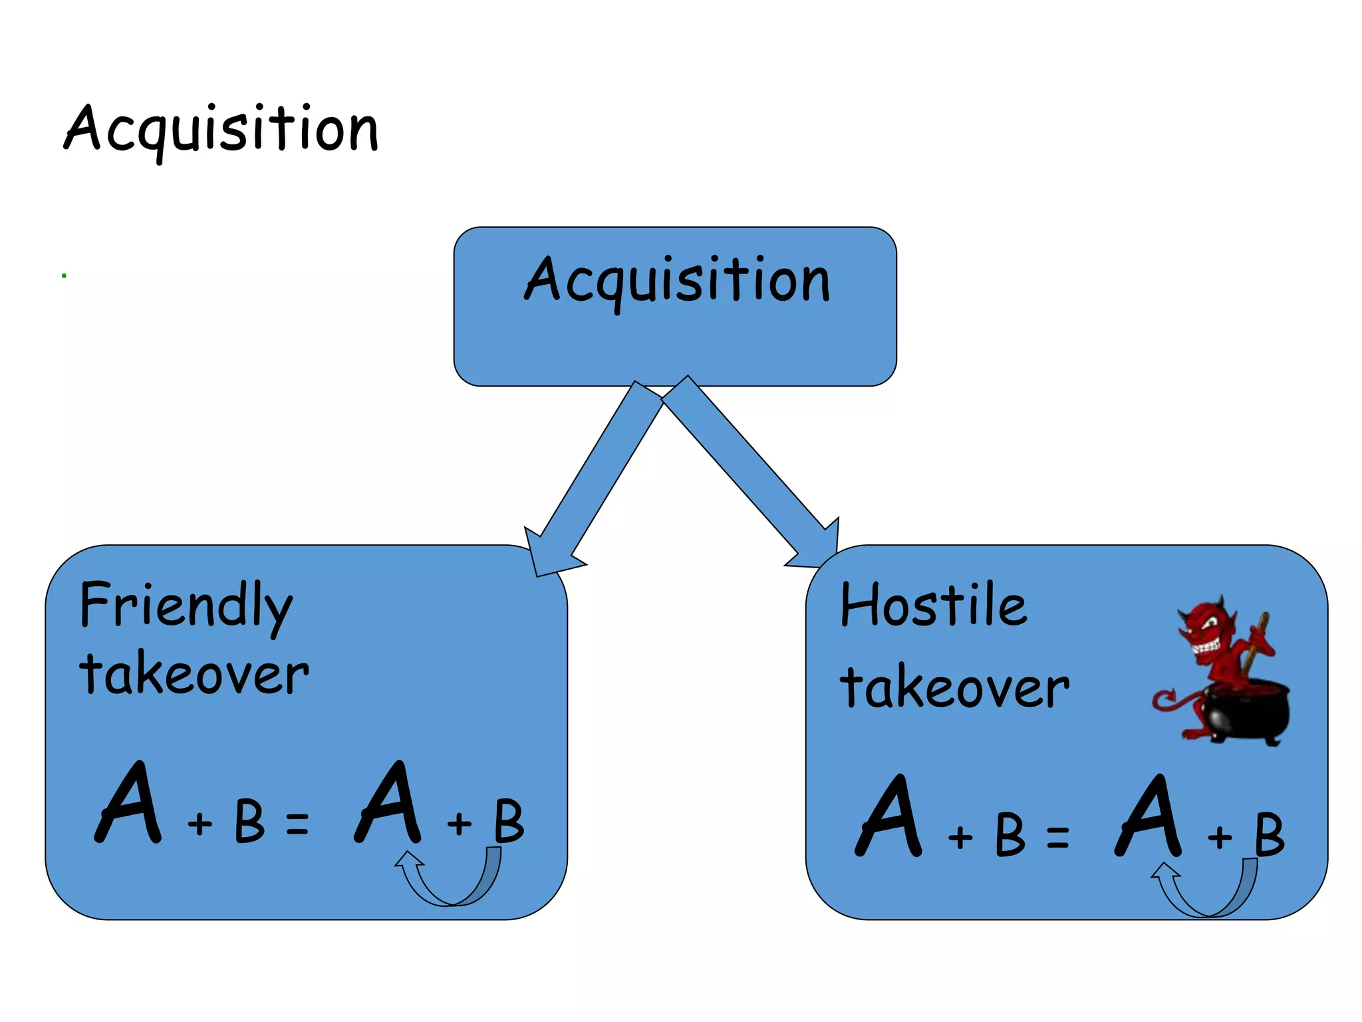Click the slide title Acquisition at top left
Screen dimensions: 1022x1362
(221, 129)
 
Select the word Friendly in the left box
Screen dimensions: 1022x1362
(186, 605)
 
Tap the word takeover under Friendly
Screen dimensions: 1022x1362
(194, 674)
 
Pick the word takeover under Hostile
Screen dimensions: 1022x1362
(954, 687)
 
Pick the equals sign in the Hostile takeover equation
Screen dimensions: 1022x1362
(1057, 836)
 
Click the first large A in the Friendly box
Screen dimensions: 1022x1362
(130, 805)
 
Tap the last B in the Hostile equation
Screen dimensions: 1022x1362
(1269, 834)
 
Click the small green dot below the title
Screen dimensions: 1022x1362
(64, 275)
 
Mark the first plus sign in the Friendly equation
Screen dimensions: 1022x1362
(200, 824)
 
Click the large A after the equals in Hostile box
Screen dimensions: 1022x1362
(1149, 818)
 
